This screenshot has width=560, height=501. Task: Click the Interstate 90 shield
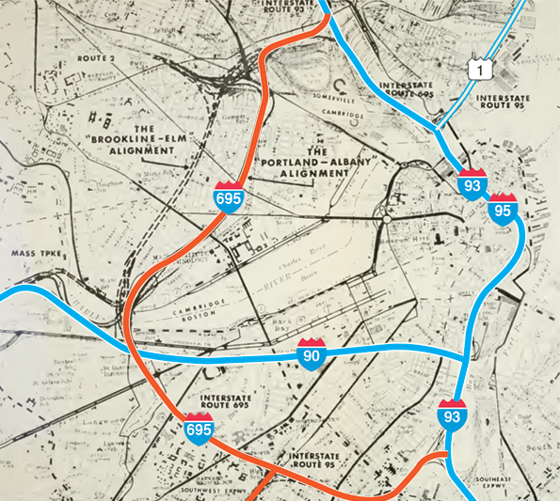tap(312, 353)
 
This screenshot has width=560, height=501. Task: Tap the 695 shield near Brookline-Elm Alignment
tap(228, 197)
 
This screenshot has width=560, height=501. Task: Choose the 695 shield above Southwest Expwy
tap(198, 428)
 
